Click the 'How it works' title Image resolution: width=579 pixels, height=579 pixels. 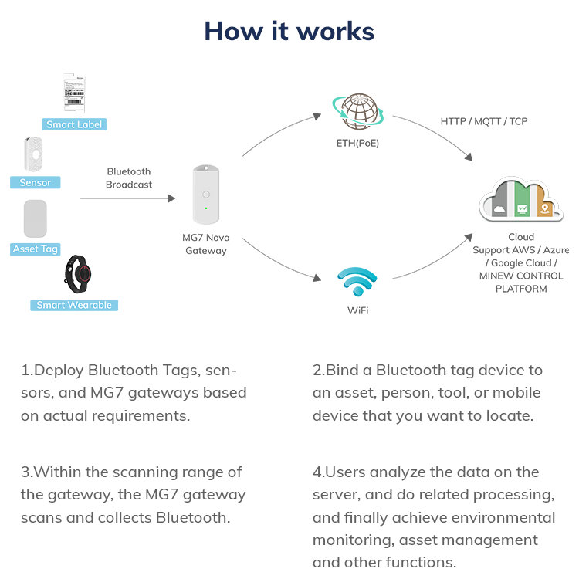point(289,31)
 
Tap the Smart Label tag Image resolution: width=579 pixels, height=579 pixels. point(73,124)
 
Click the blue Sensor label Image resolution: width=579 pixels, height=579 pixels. point(35,182)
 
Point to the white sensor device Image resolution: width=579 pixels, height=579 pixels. point(34,154)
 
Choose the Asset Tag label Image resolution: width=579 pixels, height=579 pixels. point(36,249)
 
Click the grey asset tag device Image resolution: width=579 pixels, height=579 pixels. point(36,218)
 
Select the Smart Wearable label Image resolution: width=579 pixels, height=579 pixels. point(74,305)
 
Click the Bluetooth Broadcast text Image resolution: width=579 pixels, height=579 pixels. point(129,178)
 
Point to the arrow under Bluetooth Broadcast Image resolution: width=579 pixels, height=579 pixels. point(128,198)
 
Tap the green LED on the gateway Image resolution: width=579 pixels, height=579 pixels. point(205,208)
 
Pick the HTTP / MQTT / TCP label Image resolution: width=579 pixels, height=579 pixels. point(484,121)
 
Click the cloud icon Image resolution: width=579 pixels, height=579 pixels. point(521,200)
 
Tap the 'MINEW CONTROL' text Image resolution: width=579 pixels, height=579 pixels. point(521,276)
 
